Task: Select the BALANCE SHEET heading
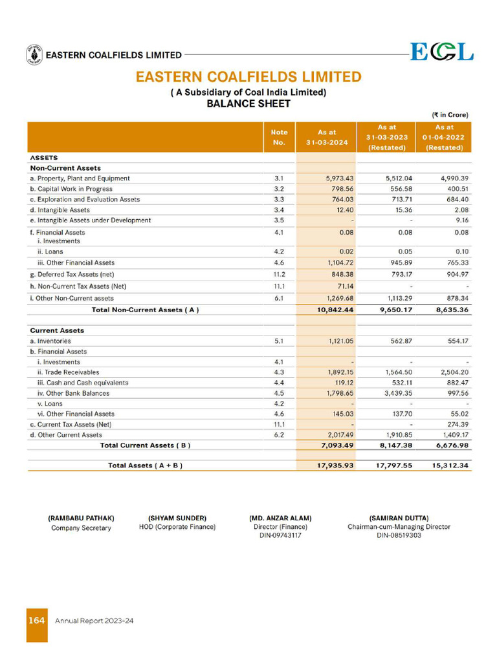(x=248, y=103)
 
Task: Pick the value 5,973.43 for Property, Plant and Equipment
(x=339, y=178)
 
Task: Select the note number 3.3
(x=280, y=199)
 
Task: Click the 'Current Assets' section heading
(x=57, y=330)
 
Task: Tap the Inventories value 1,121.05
(x=339, y=341)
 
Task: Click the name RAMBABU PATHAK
(x=81, y=518)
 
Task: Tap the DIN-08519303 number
(x=399, y=535)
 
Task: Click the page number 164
(x=36, y=621)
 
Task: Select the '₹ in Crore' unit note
(x=450, y=115)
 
